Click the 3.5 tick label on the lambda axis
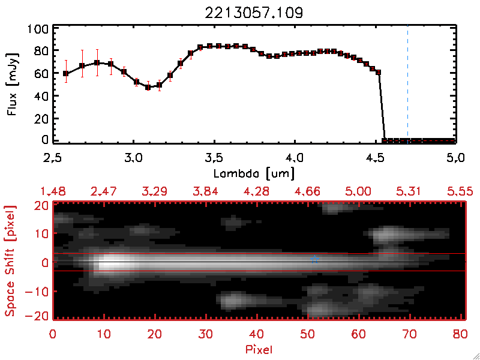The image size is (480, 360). pyautogui.click(x=214, y=159)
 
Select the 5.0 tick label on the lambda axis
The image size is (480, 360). pyautogui.click(x=455, y=159)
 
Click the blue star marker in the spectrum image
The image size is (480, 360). pyautogui.click(x=314, y=259)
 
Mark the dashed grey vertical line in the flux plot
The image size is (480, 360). pyautogui.click(x=408, y=84)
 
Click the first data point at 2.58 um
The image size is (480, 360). pyautogui.click(x=66, y=74)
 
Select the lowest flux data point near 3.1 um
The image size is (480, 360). pyautogui.click(x=148, y=87)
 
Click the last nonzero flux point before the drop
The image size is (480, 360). pyautogui.click(x=379, y=73)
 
